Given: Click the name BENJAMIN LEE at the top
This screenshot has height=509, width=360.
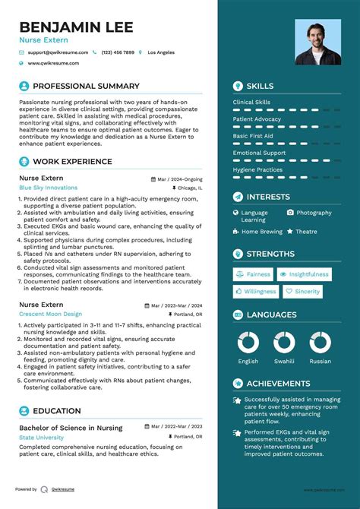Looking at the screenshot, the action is coord(76,27).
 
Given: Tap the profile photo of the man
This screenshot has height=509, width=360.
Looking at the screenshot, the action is coord(318,42).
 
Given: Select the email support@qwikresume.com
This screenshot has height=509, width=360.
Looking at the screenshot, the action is coord(58,52).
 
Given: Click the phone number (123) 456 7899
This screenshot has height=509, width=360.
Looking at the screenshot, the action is coord(117,52).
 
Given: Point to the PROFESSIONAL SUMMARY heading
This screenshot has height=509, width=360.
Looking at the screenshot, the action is coord(86,86).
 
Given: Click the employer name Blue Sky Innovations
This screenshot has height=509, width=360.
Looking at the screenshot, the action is coord(49,187).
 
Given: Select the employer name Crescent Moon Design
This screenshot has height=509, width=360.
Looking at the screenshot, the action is coord(50,314).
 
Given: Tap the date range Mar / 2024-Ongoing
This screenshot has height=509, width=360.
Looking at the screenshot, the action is coord(179,179).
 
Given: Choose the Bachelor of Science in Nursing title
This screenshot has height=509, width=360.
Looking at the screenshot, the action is coord(70,428).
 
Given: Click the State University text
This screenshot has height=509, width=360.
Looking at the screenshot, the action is coord(42,438).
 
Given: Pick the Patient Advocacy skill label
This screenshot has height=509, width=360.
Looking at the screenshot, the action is coord(257,119).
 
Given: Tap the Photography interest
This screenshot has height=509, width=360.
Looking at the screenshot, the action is coord(314,213).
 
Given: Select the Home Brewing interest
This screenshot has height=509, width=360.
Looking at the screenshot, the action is coord(261,231).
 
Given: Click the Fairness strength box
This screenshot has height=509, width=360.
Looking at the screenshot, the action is coord(253,274).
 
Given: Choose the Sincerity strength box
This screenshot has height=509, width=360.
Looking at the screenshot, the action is coord(303,291).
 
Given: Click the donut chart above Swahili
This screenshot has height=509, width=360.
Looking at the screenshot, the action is coord(284,342).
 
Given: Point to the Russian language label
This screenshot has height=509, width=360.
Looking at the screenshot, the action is coord(320,362).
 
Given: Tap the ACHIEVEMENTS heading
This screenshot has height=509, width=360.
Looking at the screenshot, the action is coord(278,384).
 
